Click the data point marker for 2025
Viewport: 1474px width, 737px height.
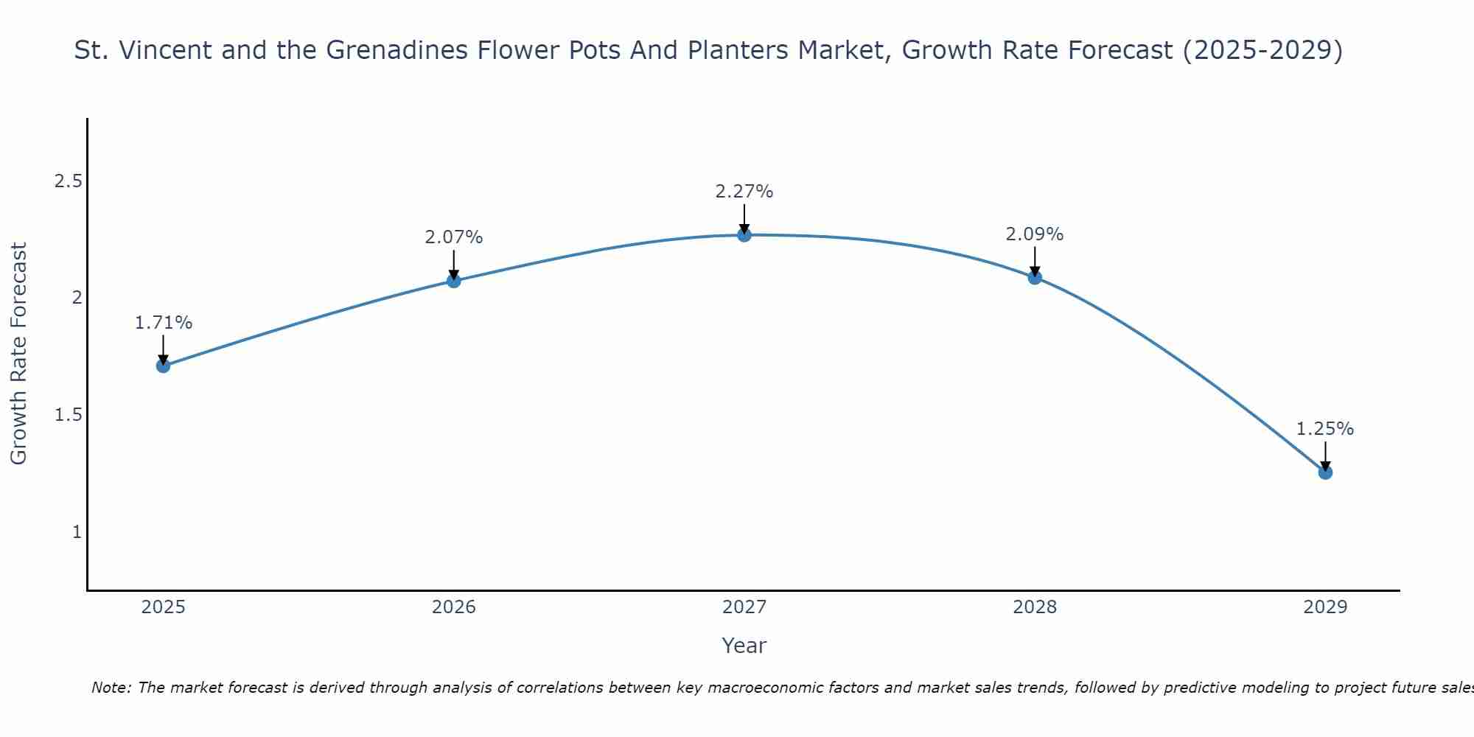(x=163, y=366)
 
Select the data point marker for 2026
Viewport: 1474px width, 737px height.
(x=453, y=281)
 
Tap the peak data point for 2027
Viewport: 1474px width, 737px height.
(x=744, y=235)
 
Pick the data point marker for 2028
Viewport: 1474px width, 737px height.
(x=1035, y=277)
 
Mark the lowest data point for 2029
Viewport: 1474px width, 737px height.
(x=1325, y=472)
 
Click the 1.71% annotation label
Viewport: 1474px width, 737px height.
(x=163, y=323)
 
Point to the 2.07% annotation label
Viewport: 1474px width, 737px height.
(x=453, y=237)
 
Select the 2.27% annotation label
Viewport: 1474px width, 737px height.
(x=744, y=192)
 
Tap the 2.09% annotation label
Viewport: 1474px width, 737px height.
(x=1035, y=234)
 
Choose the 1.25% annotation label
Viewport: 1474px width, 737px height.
(x=1325, y=429)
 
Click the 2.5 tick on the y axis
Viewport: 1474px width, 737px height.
(x=68, y=181)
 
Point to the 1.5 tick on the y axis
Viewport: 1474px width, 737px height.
(x=68, y=415)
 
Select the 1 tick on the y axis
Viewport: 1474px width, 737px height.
(x=77, y=531)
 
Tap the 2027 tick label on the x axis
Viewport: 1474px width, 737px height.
(x=744, y=607)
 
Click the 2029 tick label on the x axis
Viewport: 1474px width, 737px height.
(x=1325, y=607)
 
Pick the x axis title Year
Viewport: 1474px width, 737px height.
(x=744, y=646)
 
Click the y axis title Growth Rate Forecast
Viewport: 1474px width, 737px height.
(x=18, y=354)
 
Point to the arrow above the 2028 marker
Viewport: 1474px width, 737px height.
(x=1035, y=260)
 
